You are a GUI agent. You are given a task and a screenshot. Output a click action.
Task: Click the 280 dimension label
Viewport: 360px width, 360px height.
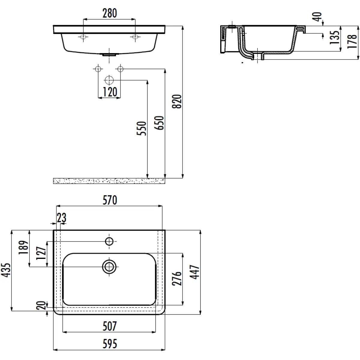point(110,13)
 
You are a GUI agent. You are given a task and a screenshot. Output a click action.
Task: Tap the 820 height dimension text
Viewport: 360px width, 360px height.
point(177,101)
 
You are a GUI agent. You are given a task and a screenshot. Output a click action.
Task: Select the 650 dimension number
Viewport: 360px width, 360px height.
point(159,123)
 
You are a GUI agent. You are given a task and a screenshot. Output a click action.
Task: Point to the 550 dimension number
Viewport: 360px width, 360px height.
point(141,128)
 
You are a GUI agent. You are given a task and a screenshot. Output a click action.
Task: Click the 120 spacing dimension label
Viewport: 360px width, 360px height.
point(110,92)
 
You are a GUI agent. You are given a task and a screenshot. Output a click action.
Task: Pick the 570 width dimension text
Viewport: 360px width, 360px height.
point(110,200)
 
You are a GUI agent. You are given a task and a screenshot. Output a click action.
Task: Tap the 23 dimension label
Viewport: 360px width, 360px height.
point(62,217)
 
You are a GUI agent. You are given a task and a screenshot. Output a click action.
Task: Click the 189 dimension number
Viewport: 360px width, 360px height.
point(23,247)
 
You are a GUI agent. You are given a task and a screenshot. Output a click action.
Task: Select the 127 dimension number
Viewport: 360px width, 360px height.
point(41,253)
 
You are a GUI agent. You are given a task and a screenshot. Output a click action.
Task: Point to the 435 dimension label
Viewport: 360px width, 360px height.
point(6,270)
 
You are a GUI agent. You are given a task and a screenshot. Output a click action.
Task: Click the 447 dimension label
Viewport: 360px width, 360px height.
point(195,272)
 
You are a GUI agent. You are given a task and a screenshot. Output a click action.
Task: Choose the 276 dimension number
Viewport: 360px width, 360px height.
point(177,278)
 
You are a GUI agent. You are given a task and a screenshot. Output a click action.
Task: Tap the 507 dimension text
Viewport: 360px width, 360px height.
point(110,326)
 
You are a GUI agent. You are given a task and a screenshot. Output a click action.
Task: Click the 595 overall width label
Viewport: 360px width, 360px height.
point(110,344)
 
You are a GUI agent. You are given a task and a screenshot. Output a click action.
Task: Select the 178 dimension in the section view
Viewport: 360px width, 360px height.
point(352,41)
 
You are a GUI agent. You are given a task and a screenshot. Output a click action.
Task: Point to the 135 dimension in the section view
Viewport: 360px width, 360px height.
point(334,37)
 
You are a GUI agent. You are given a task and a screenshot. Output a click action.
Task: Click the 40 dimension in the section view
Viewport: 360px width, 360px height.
point(317,17)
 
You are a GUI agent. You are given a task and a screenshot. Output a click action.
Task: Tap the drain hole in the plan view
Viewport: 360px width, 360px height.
point(109,267)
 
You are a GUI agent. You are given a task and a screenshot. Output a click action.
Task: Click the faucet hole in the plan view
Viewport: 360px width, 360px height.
point(109,241)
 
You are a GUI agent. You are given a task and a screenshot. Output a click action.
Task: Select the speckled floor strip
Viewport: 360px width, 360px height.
point(109,181)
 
